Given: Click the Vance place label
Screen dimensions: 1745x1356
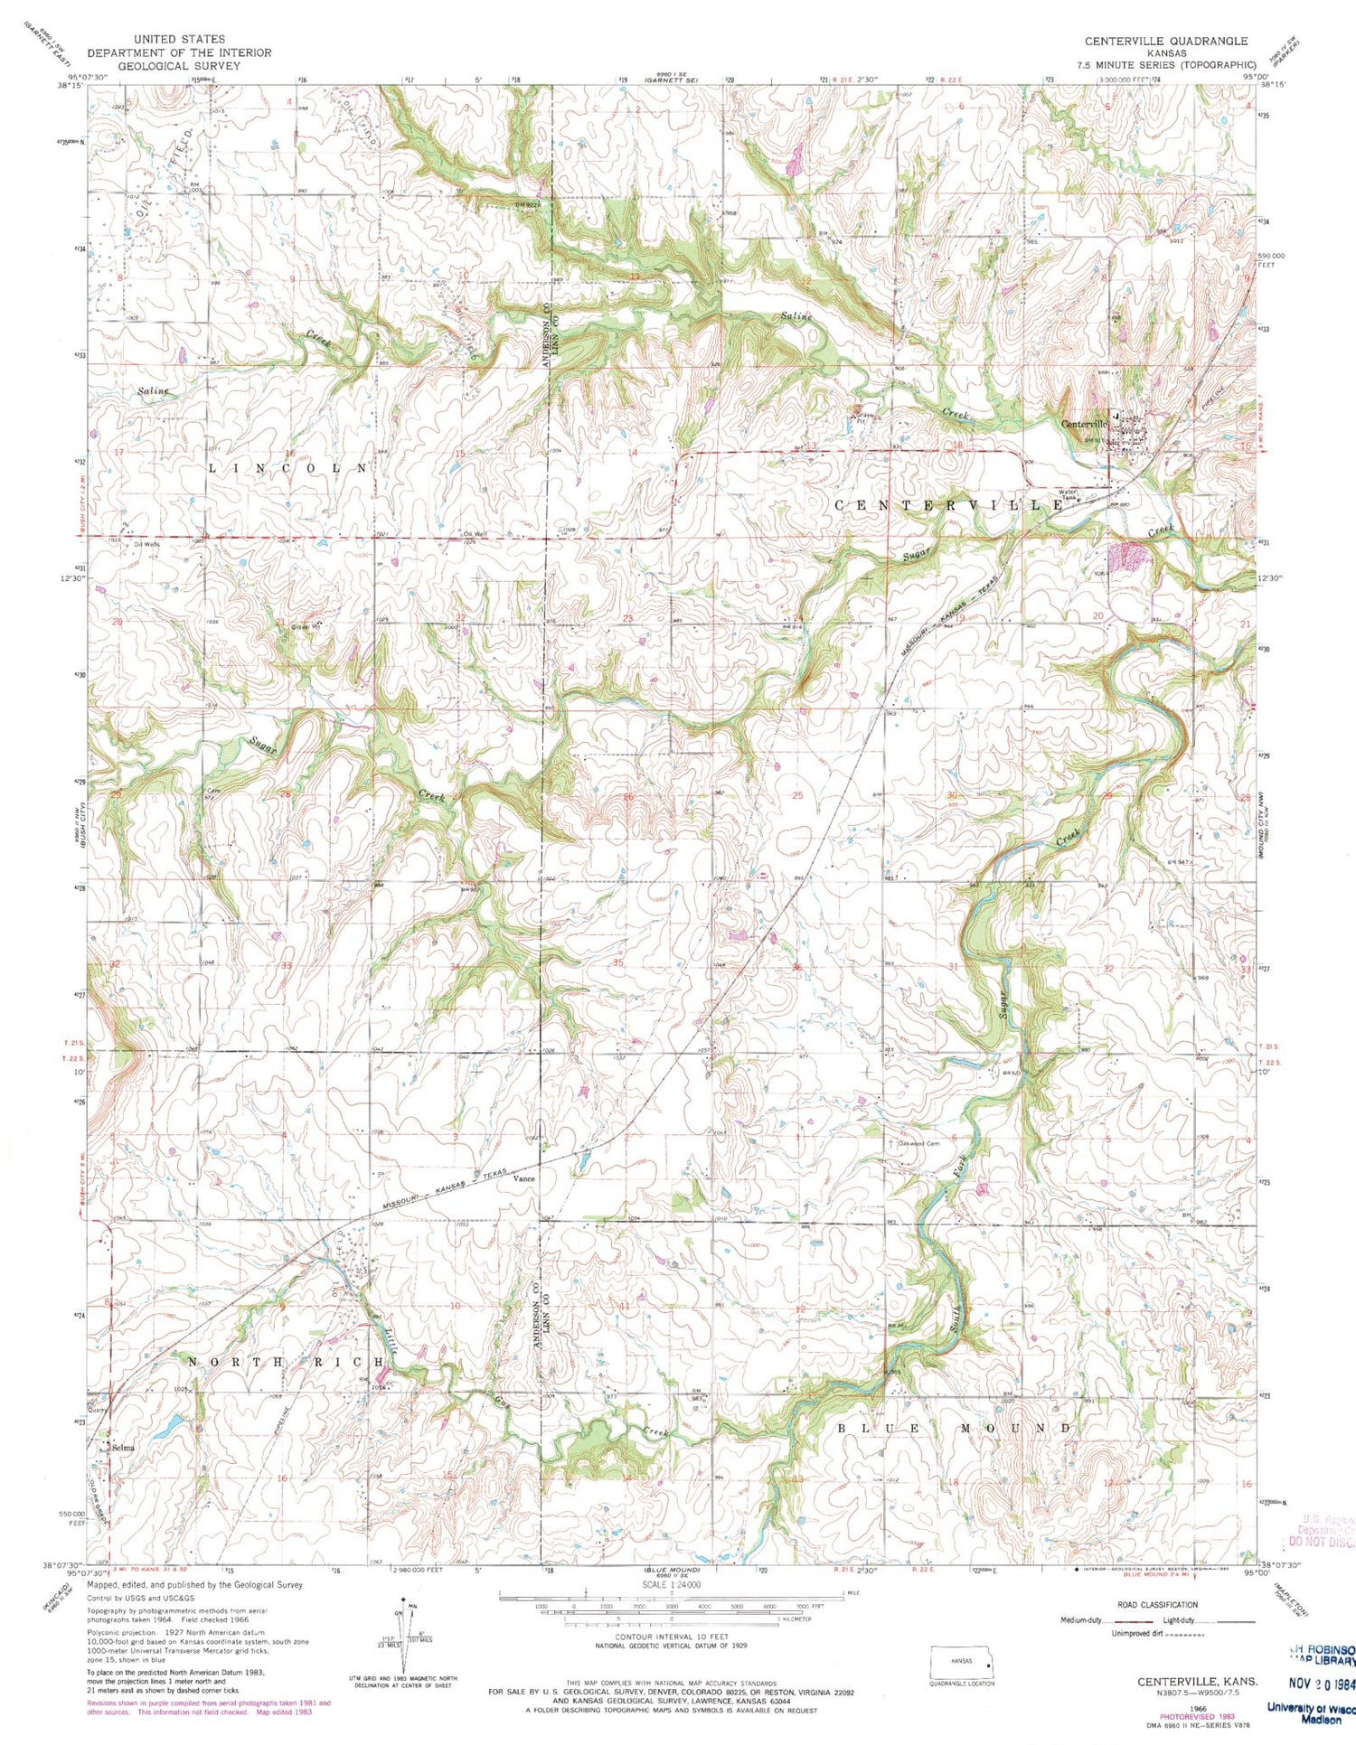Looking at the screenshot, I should point(524,1179).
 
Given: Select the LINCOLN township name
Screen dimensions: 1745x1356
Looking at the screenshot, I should point(289,468).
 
